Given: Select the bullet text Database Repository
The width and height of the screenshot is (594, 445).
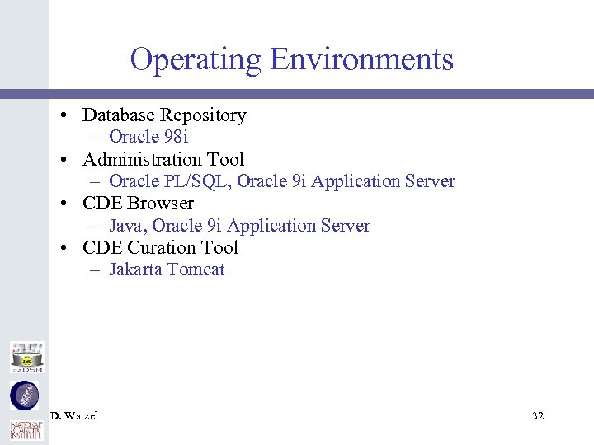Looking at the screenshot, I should pos(164,115).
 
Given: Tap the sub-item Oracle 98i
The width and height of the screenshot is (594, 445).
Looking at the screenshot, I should pos(148,137).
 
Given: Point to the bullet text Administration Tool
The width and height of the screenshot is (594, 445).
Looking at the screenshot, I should pos(163,159).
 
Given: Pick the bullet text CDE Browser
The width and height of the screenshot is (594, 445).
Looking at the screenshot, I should pos(138,204).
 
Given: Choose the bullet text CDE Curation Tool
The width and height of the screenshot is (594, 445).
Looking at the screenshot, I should pos(160,247).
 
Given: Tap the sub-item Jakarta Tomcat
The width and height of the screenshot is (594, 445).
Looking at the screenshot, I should pos(167,269).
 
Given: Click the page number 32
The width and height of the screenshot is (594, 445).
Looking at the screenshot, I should pos(538,416).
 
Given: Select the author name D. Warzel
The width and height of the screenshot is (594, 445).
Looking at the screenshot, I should pos(74,416).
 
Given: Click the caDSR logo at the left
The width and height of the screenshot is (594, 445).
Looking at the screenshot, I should pos(26,358).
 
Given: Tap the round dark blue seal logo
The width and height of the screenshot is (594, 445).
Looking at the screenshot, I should pos(25,396).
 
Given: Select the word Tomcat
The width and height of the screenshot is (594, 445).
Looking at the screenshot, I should pos(195,269).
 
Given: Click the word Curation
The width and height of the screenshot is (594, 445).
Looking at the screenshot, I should pos(167,247).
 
